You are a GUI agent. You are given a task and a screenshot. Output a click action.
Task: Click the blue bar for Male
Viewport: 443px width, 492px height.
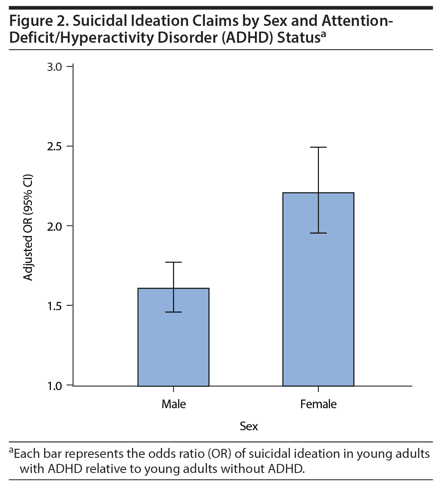point(173,337)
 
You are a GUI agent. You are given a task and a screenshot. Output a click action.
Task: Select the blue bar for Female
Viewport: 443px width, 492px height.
point(318,289)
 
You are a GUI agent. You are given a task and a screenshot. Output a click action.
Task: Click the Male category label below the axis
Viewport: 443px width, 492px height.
point(173,404)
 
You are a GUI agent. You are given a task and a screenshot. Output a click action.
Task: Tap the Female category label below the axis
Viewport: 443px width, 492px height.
point(318,404)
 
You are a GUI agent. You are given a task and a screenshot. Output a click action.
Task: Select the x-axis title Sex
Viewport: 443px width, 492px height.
point(249,426)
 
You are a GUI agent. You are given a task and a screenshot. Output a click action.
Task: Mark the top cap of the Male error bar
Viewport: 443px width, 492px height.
point(173,262)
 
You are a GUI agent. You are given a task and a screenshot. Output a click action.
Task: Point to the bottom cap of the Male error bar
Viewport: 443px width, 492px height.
point(173,312)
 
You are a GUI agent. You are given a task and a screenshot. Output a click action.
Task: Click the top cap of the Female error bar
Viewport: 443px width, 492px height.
point(318,147)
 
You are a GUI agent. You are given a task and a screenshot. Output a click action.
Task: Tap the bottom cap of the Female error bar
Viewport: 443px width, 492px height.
point(318,233)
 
